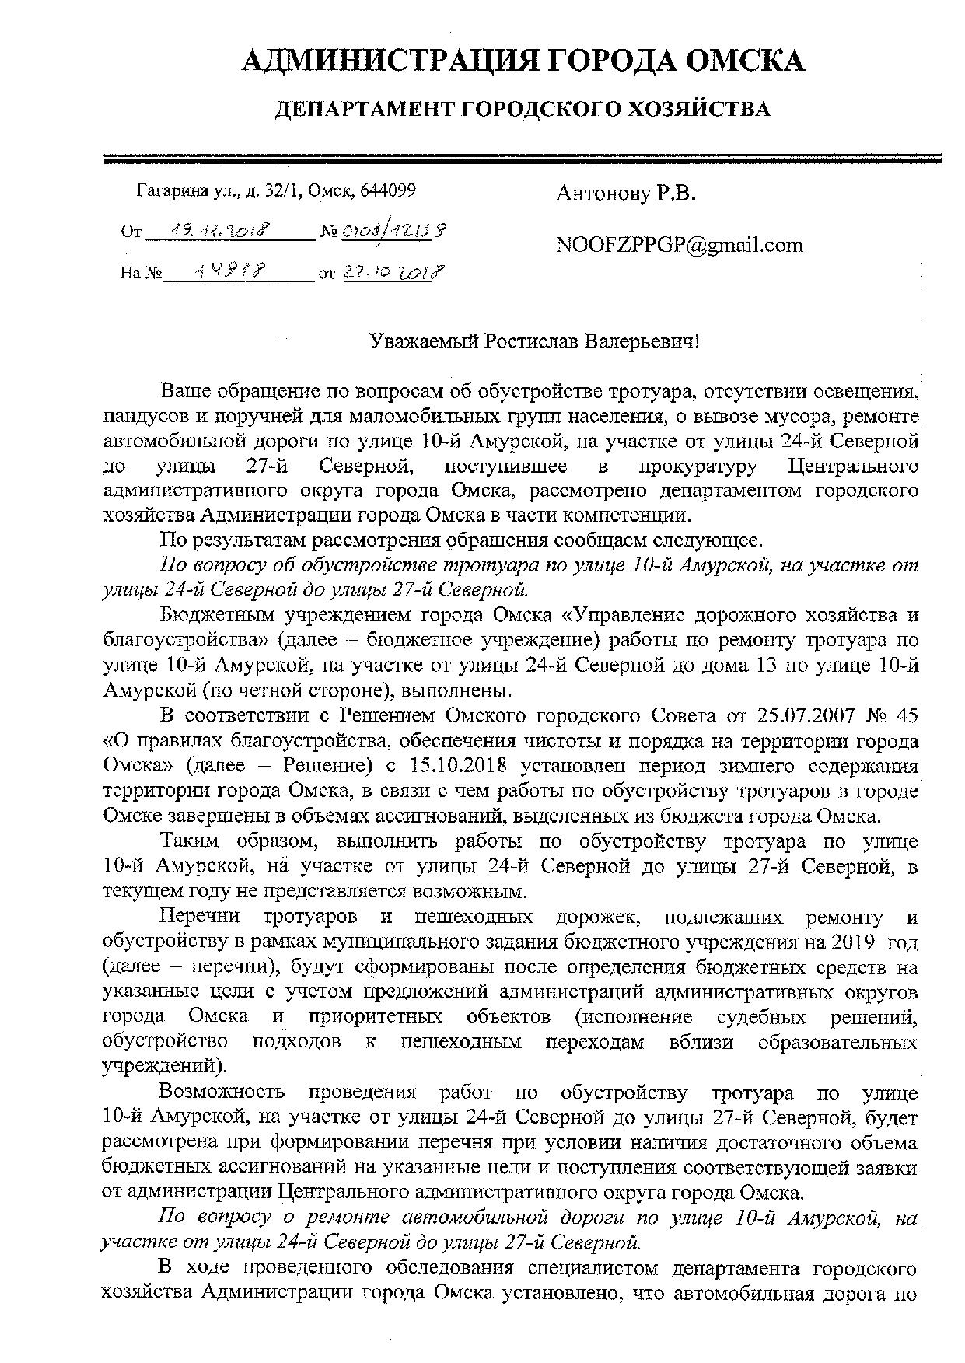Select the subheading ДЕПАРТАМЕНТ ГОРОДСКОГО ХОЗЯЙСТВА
tap(523, 110)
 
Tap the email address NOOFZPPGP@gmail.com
tap(679, 246)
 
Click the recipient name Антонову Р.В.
tap(625, 194)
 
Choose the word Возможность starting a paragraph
tap(222, 1093)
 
